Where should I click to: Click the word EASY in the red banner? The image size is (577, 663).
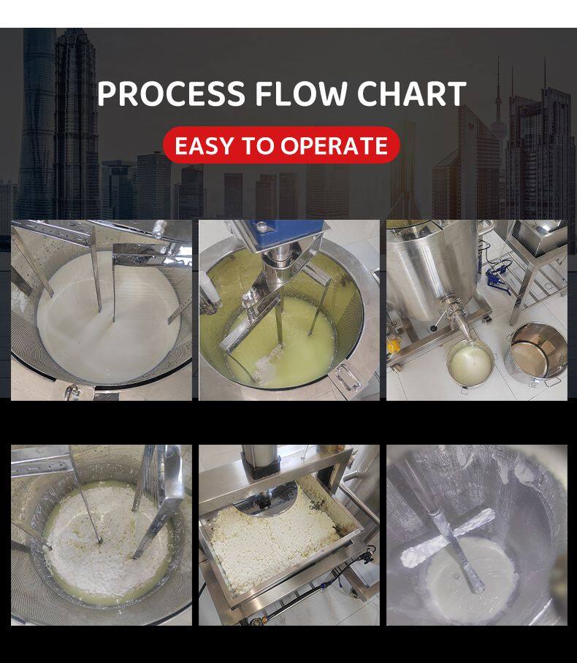[x=204, y=145]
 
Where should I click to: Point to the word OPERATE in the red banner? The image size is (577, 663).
[x=335, y=145]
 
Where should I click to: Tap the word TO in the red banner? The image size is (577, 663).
[x=258, y=145]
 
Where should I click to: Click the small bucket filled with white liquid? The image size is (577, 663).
[x=470, y=364]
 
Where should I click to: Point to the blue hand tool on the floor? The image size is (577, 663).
[x=499, y=274]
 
